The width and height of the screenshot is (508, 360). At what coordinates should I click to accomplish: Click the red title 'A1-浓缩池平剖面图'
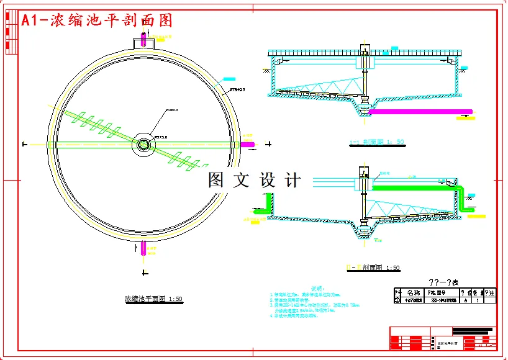click(x=96, y=20)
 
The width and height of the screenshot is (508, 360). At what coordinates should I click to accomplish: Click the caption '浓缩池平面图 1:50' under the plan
click(x=153, y=299)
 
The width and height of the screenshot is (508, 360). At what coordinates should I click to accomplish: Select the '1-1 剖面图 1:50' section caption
click(x=377, y=142)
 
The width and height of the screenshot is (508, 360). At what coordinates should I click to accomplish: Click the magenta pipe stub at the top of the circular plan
click(x=143, y=39)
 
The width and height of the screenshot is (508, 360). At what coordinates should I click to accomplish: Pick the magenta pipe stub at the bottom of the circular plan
click(x=143, y=248)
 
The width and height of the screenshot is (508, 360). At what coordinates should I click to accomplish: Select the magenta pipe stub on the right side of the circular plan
click(x=247, y=145)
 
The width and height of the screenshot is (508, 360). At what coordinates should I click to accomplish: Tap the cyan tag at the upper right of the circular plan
click(x=229, y=79)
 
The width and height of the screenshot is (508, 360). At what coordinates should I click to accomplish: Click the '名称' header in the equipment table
click(x=414, y=292)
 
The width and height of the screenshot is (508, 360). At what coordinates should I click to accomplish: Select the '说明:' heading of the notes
click(x=317, y=288)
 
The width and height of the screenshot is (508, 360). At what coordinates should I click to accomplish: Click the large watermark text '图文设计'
click(x=255, y=181)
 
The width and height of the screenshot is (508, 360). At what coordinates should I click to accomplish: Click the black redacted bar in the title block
click(x=473, y=330)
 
